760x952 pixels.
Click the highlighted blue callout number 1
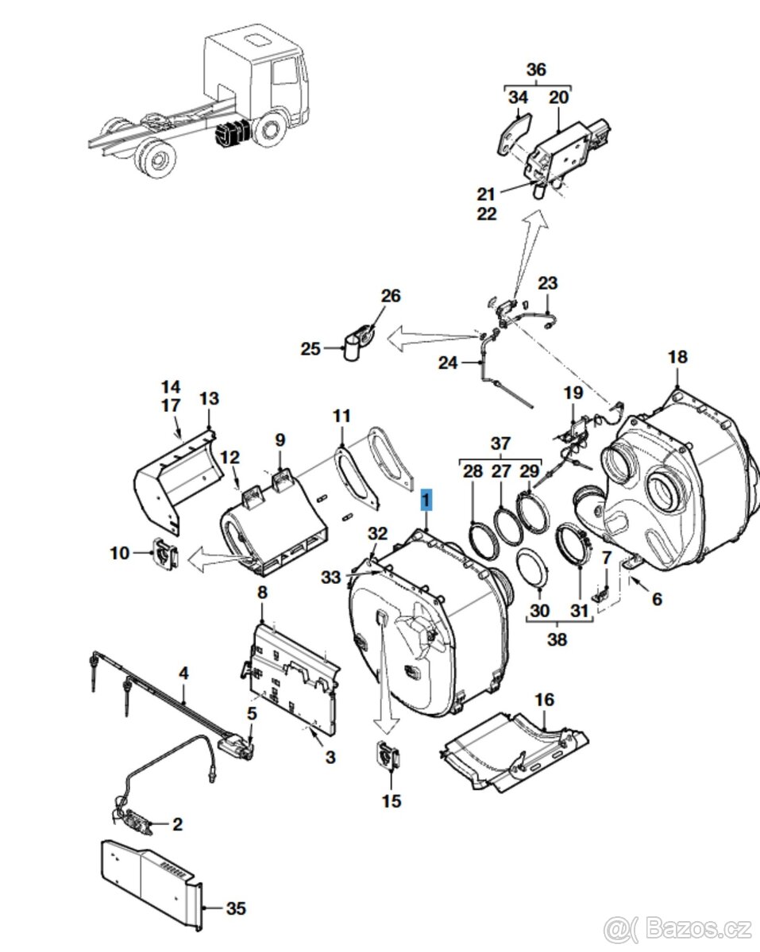(426, 500)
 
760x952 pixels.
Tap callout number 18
(677, 357)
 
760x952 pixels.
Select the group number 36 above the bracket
(536, 70)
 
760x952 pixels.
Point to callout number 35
(236, 909)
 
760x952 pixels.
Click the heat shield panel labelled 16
(516, 750)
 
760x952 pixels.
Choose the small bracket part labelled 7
(602, 589)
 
